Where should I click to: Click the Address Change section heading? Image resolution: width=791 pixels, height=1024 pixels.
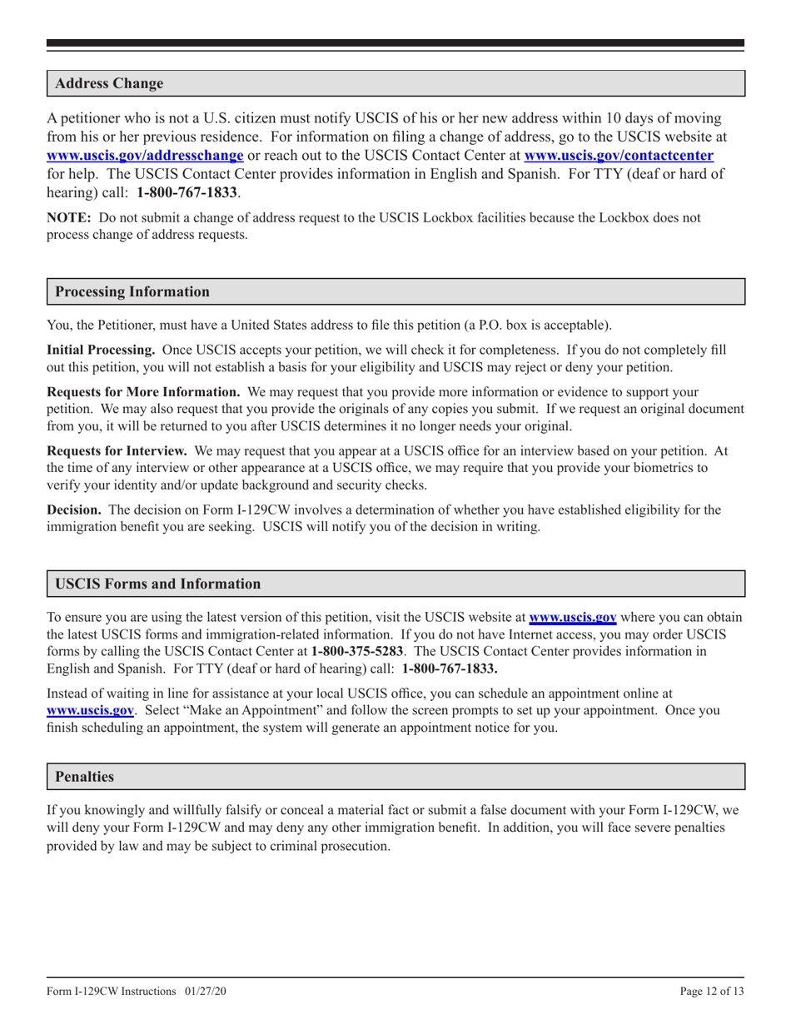[x=109, y=84]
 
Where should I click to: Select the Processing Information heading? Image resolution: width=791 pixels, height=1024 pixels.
[x=132, y=292]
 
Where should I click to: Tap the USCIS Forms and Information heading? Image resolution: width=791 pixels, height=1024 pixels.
[x=157, y=584]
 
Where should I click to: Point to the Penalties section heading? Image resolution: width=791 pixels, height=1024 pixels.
[x=84, y=777]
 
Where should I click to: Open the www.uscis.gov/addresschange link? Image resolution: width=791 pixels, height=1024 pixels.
[x=145, y=155]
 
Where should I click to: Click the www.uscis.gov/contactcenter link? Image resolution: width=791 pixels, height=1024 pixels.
[x=618, y=155]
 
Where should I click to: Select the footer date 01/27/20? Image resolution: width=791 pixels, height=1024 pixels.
[x=207, y=992]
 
